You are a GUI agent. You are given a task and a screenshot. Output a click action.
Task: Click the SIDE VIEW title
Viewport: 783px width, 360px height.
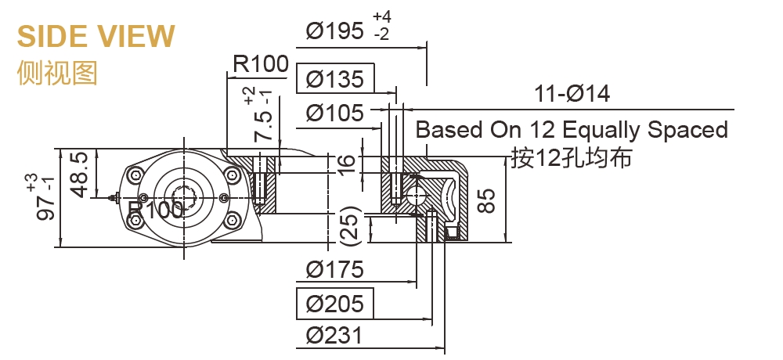tap(96, 36)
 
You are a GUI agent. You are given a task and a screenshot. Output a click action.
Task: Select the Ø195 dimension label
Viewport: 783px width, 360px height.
tap(335, 31)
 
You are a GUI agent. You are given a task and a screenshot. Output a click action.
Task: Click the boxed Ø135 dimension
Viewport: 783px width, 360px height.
tap(335, 79)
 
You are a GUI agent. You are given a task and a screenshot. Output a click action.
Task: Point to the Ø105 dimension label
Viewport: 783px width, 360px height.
tap(335, 113)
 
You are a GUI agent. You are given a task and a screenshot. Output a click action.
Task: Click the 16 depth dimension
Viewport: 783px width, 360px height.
tap(348, 163)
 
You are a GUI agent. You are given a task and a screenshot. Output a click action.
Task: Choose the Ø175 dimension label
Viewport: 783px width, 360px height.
tap(335, 270)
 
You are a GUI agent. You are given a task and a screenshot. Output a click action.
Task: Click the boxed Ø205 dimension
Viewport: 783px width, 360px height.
tap(335, 303)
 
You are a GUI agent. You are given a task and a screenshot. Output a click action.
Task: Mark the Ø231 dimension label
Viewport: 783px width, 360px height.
tap(335, 336)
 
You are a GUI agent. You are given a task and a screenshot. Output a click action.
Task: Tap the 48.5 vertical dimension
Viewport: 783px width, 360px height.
tap(78, 174)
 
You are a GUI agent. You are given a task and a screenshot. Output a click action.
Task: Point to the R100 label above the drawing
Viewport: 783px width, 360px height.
tap(260, 63)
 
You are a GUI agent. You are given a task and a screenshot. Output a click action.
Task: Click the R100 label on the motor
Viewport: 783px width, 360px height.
tap(156, 210)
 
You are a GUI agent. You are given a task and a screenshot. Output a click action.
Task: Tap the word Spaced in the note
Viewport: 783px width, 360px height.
tap(690, 130)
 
